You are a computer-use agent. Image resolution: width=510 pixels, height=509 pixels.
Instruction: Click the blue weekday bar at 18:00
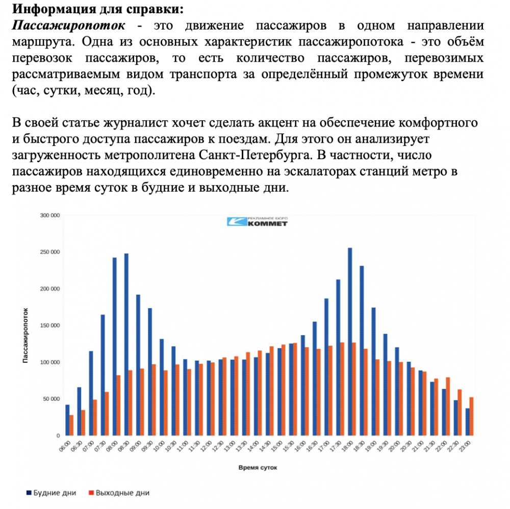(x=350, y=342)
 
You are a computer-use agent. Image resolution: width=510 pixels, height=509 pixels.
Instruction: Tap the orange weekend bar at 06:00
(x=72, y=425)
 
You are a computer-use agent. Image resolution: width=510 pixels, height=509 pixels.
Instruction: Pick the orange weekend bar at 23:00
(x=472, y=416)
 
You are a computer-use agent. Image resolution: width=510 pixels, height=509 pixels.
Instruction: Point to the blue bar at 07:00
(x=91, y=393)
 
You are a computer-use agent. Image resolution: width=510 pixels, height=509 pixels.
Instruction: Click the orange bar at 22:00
(x=448, y=406)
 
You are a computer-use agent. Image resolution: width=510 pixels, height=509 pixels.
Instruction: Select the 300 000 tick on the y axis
(x=50, y=215)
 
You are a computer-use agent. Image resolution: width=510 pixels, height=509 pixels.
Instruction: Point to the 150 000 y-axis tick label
(x=50, y=325)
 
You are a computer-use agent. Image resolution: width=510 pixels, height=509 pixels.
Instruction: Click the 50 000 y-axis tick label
(x=52, y=399)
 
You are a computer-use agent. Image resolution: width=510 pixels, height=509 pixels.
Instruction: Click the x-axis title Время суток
(x=258, y=467)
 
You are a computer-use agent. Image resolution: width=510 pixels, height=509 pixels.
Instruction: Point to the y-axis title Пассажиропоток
(x=25, y=335)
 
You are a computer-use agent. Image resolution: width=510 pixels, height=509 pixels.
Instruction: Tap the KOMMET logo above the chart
(x=258, y=221)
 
